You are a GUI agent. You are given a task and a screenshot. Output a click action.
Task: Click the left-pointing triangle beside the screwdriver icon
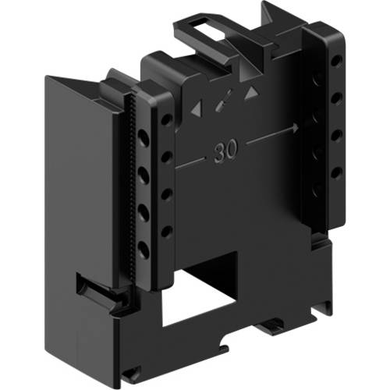[x=195, y=109]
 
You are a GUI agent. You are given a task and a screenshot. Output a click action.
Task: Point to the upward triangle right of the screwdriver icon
[x=251, y=93]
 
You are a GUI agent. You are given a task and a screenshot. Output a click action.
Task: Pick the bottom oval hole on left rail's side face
[x=144, y=249]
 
